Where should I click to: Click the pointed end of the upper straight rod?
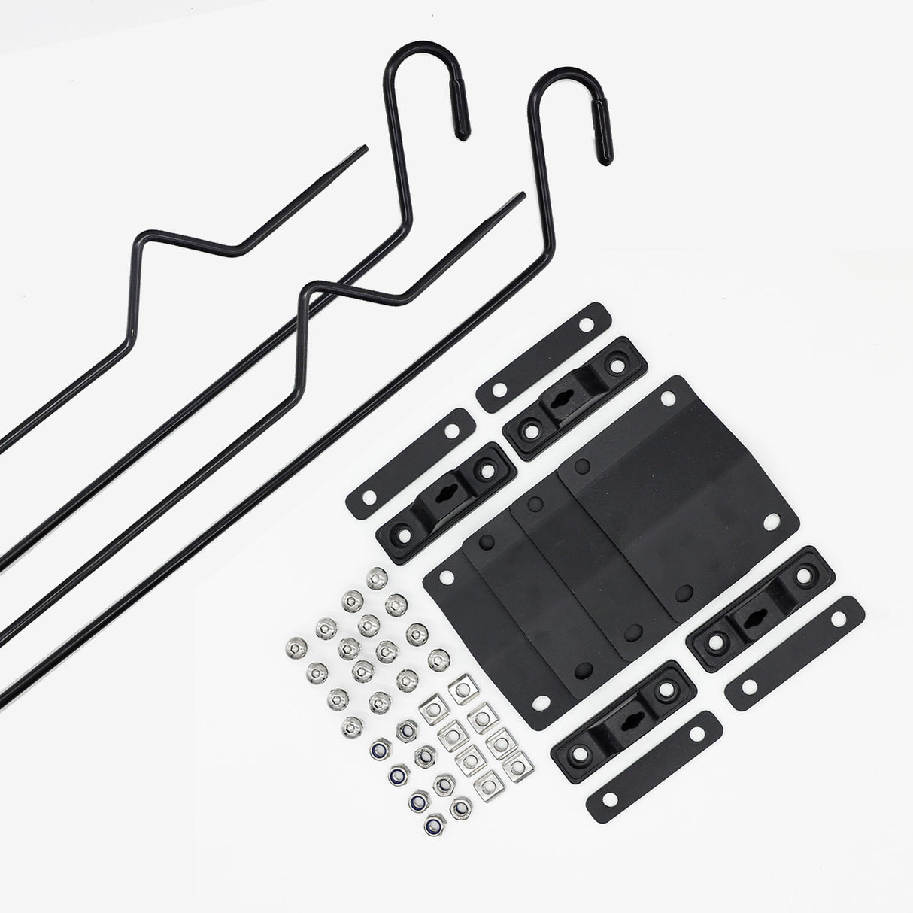(x=366, y=148)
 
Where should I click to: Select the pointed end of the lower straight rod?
(x=521, y=197)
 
